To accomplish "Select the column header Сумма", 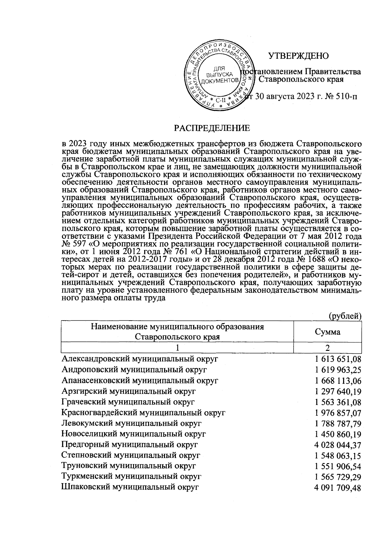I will (327, 332).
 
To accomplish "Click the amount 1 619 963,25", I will (338, 370).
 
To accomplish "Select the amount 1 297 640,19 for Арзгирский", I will (338, 391).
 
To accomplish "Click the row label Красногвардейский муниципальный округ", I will (143, 413).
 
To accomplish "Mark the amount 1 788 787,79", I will (338, 424).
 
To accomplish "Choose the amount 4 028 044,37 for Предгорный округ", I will (338, 445).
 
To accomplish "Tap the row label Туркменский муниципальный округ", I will (131, 477).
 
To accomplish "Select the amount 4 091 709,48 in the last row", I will (338, 488).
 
